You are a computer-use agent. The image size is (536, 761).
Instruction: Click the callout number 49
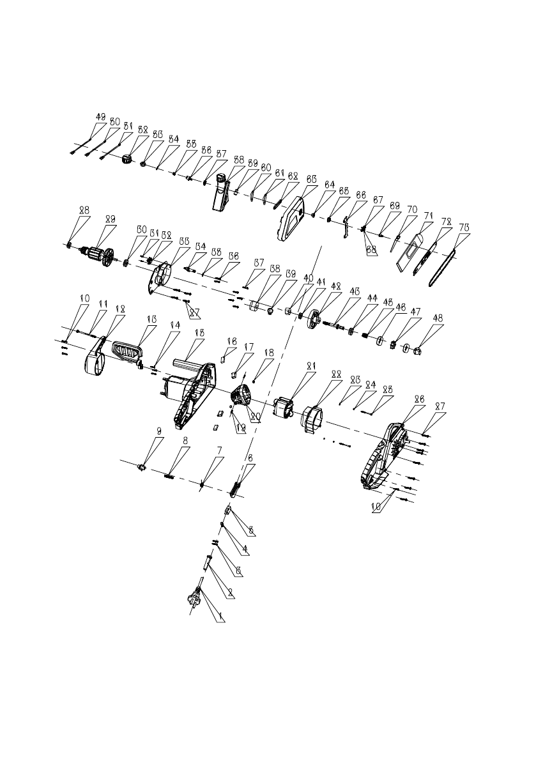[100, 117]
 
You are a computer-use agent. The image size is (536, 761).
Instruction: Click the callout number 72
[444, 220]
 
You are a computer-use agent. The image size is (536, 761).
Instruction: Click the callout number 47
[417, 312]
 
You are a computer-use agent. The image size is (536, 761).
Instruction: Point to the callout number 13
[151, 319]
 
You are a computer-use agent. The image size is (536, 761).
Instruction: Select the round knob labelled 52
[130, 158]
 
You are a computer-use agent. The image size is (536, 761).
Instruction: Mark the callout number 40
[308, 279]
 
